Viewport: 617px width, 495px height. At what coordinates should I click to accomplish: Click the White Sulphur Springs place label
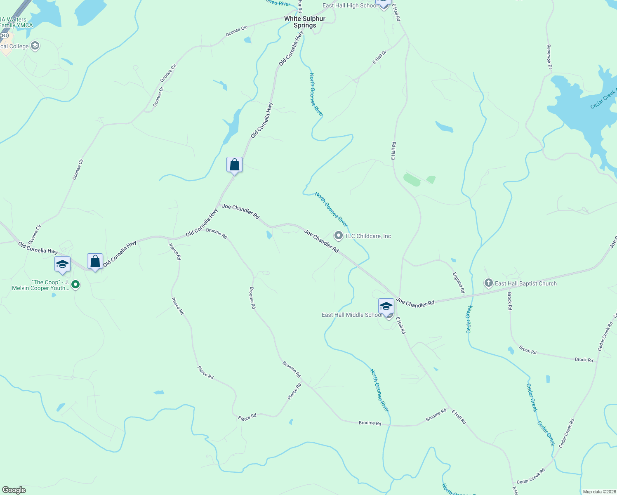click(x=305, y=22)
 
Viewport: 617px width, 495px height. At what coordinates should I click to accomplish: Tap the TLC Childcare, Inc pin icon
click(x=339, y=236)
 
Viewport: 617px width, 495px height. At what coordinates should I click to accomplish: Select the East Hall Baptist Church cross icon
click(x=488, y=283)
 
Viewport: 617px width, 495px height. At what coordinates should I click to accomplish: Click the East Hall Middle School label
click(x=352, y=315)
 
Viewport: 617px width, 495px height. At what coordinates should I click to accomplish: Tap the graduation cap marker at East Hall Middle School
click(x=386, y=306)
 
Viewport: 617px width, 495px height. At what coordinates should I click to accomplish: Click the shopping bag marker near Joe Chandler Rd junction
click(x=234, y=165)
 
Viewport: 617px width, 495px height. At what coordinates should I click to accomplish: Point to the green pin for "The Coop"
click(x=75, y=284)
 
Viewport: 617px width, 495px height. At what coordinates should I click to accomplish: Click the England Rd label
click(x=459, y=283)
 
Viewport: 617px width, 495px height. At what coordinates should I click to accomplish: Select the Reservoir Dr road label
click(x=549, y=57)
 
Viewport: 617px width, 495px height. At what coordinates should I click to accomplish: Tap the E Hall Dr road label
click(x=379, y=57)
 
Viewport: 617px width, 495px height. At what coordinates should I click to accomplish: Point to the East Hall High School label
click(x=350, y=5)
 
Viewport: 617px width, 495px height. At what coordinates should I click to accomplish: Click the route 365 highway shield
click(x=4, y=36)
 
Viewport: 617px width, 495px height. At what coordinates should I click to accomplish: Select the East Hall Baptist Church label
click(x=525, y=283)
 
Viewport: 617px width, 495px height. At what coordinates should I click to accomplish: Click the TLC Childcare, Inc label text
click(x=368, y=236)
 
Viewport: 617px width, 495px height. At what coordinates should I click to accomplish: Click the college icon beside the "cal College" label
click(x=35, y=46)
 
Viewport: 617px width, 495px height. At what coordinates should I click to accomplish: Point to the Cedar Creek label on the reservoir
click(x=603, y=100)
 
